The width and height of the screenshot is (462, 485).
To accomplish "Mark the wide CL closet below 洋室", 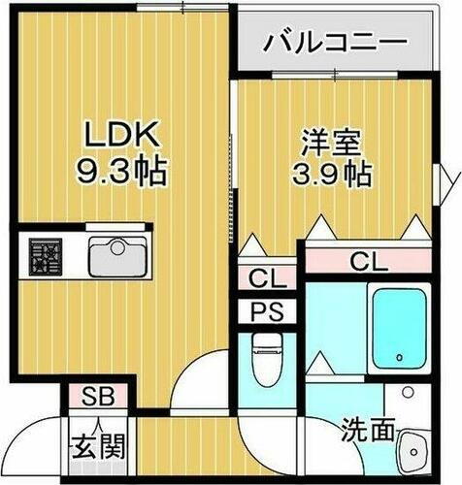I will (x=368, y=260).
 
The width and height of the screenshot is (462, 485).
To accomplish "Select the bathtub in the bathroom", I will (x=400, y=328).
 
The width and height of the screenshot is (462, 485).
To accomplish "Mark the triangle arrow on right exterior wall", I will (x=450, y=180).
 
